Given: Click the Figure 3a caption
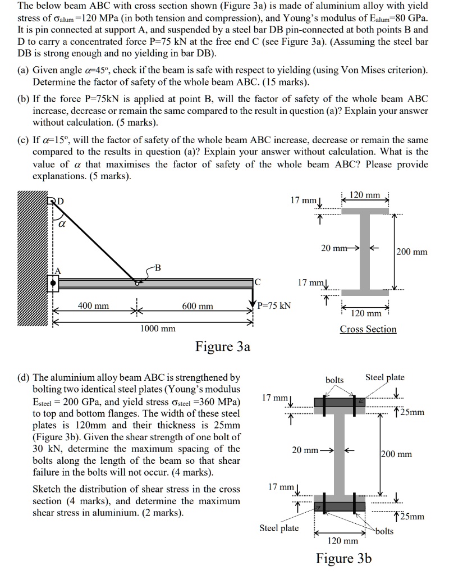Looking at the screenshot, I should [222, 346].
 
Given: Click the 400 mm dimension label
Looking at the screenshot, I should [93, 306].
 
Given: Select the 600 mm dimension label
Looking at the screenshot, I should [198, 306].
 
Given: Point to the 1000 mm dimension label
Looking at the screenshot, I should [157, 328].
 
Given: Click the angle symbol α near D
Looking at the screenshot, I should [62, 223].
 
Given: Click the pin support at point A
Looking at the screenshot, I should [53, 283].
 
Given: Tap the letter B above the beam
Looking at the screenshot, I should [158, 268].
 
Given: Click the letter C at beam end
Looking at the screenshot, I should [257, 281].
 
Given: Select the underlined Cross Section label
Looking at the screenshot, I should [368, 329].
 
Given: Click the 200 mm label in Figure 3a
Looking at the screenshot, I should [411, 252].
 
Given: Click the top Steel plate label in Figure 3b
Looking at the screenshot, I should [384, 378].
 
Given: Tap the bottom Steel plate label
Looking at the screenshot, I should [279, 528].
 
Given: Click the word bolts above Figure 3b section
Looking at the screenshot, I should [334, 380].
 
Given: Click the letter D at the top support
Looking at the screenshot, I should [60, 200].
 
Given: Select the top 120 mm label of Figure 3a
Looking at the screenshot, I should [364, 195].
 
